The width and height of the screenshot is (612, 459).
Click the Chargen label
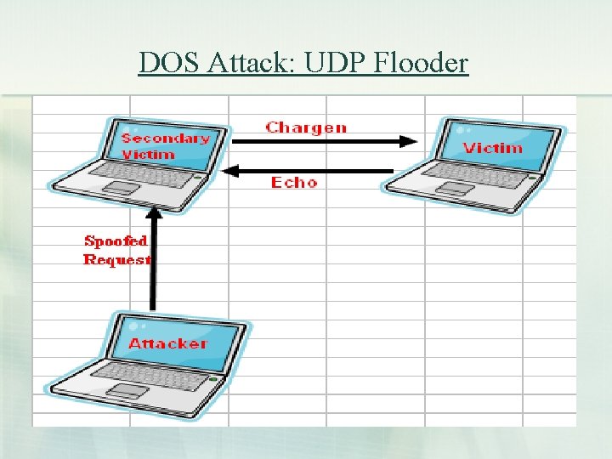click(306, 127)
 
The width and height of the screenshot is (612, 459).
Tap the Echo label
click(294, 182)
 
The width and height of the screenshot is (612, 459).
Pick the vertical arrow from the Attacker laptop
click(153, 255)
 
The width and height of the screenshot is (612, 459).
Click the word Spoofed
click(116, 241)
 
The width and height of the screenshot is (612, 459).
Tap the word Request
click(116, 259)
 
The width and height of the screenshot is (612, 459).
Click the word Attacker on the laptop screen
click(167, 343)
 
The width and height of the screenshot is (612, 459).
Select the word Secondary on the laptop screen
click(165, 138)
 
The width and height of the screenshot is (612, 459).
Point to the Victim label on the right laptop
click(493, 148)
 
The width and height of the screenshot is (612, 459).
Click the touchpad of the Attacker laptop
click(127, 390)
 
